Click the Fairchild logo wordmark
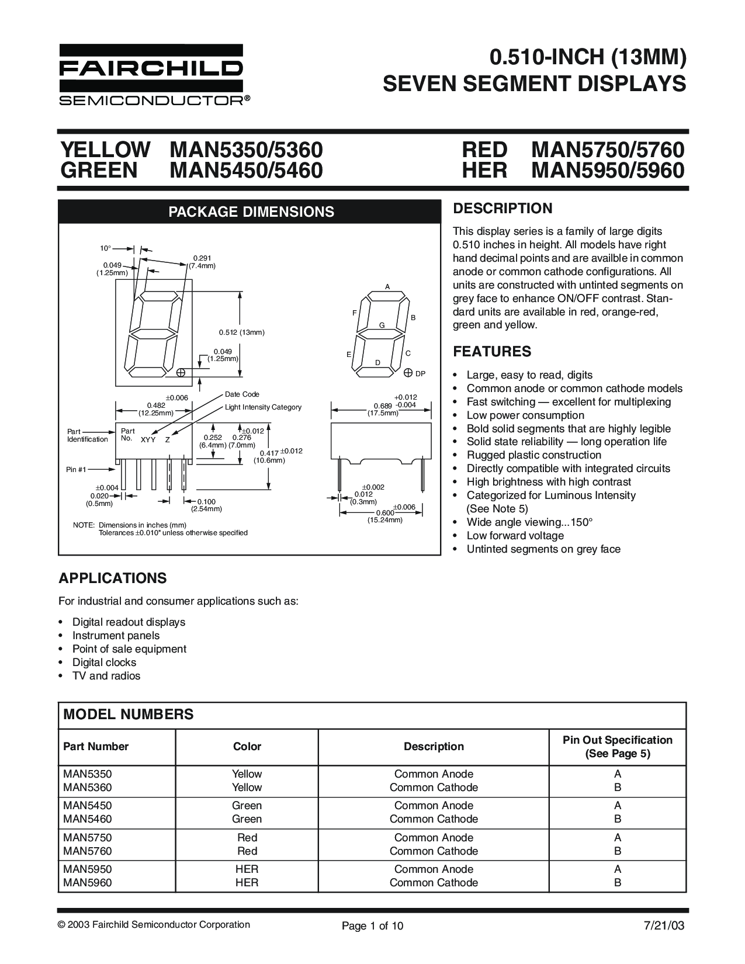151,68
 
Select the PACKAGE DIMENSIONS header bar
251,211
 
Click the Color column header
247,746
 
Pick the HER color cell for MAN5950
247,869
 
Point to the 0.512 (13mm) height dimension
242,332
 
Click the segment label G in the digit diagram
382,324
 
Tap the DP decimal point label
420,373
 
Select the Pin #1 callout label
77,469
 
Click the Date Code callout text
242,394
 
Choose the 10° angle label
105,248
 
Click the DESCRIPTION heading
503,209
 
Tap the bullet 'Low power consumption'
525,415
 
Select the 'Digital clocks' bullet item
104,663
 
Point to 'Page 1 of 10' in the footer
372,926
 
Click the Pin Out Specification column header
617,747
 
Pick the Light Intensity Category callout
263,407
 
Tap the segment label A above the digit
387,286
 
